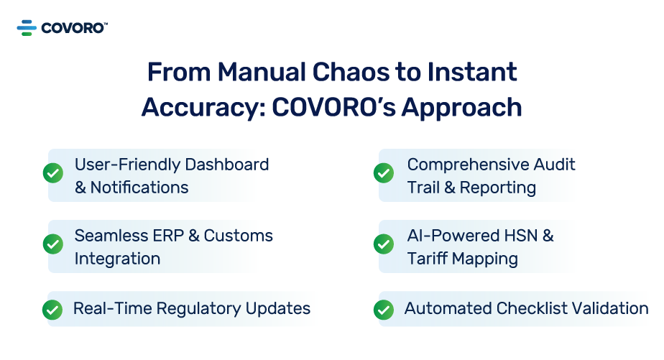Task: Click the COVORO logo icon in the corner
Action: point(27,28)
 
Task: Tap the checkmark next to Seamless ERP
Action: point(52,244)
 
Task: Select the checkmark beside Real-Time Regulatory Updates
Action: point(52,309)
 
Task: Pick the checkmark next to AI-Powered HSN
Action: point(384,244)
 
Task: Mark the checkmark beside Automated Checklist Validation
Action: point(384,309)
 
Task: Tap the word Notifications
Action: point(139,188)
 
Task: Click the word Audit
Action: point(553,165)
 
